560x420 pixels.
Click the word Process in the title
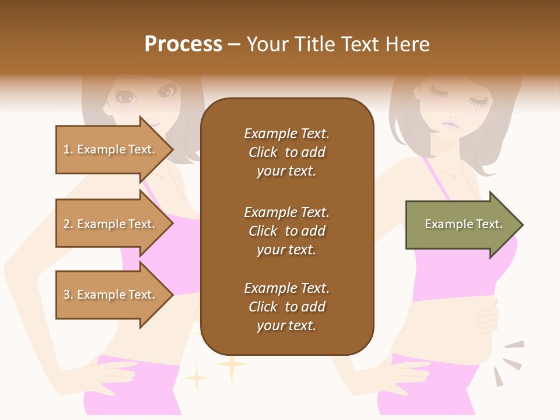[x=183, y=44]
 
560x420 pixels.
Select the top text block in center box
[x=287, y=152]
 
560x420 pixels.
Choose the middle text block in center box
[x=287, y=231]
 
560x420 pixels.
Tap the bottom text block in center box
[x=287, y=307]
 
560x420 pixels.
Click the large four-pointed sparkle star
[x=232, y=366]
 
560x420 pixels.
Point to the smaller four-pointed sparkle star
[x=197, y=378]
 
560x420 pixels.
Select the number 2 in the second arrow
[x=66, y=224]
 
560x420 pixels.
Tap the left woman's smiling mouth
[x=153, y=123]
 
